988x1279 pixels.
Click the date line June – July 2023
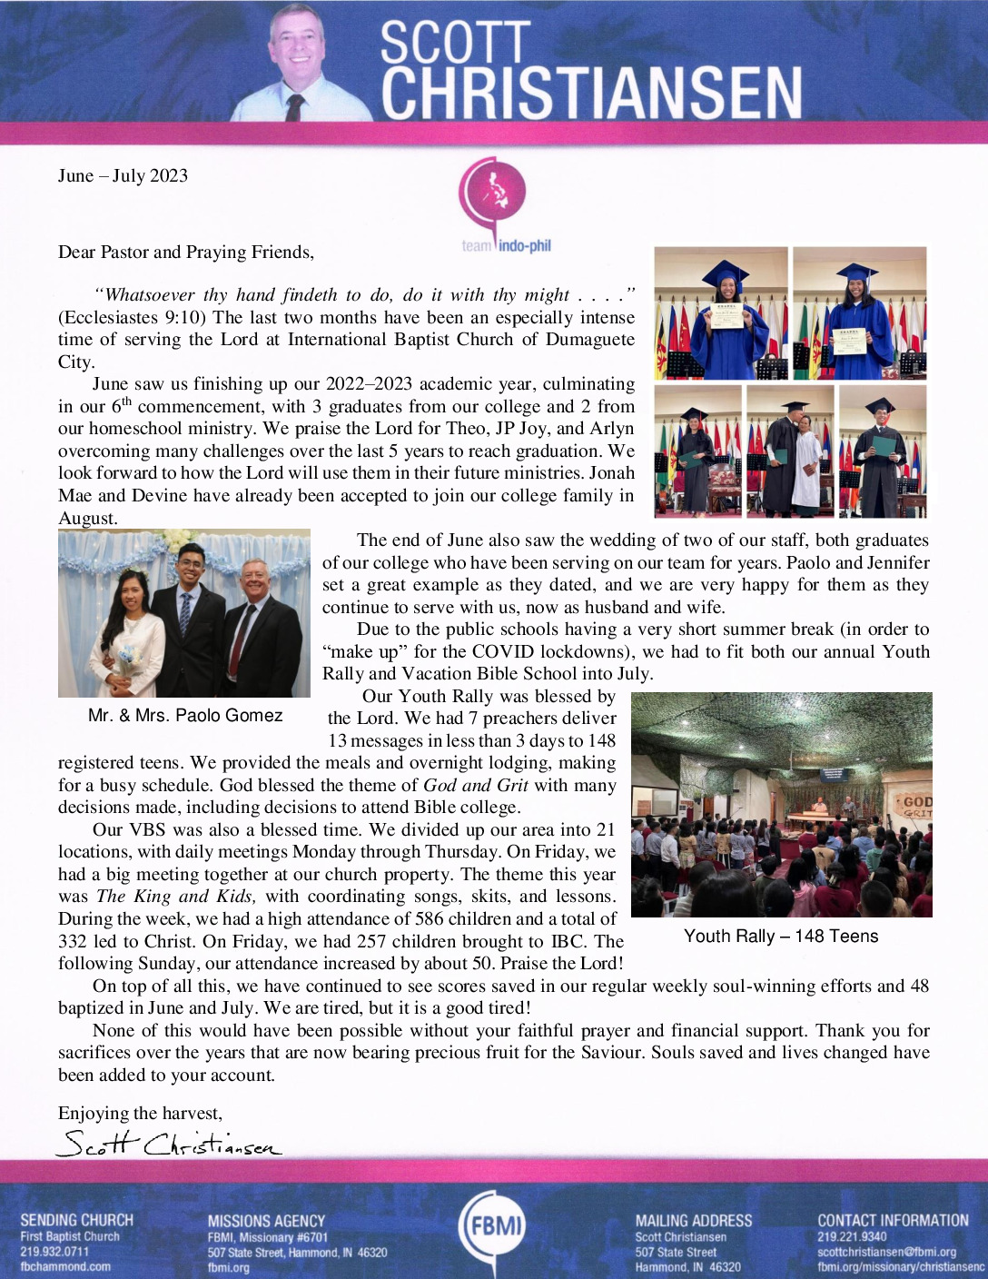(123, 176)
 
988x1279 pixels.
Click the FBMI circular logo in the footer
(493, 1226)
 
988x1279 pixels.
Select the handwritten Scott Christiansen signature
(169, 1144)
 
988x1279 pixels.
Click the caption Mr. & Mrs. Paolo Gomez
(185, 716)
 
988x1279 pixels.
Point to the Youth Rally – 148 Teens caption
(781, 937)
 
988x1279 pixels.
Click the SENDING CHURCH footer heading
(76, 1220)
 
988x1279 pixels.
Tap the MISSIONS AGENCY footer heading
(265, 1221)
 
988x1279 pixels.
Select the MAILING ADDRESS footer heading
(693, 1221)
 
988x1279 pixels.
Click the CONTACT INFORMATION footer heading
(893, 1221)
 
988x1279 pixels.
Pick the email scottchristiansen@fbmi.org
(886, 1252)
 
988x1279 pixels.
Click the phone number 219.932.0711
(54, 1252)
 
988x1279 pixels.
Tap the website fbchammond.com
(65, 1266)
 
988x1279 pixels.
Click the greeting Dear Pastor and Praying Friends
(186, 253)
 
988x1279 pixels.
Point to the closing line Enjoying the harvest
(140, 1114)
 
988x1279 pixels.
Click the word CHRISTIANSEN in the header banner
(591, 94)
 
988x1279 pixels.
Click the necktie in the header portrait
(294, 107)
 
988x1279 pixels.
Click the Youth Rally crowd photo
(781, 805)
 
